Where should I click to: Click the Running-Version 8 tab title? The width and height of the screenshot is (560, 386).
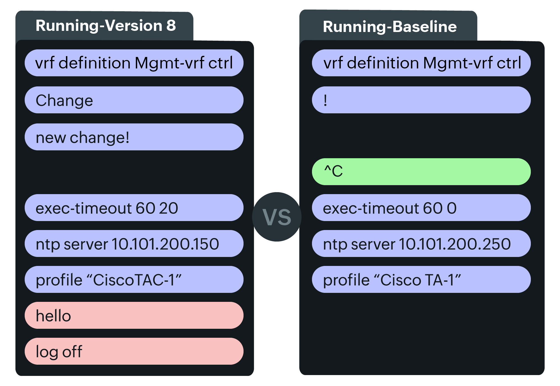tap(105, 26)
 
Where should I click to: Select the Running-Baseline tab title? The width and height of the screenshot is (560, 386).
tap(389, 27)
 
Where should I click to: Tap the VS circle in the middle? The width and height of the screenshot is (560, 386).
tap(277, 217)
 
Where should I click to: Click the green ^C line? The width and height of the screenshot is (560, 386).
tap(421, 172)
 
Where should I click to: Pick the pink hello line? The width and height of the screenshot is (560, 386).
tap(134, 315)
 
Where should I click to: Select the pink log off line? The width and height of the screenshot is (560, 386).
tap(134, 351)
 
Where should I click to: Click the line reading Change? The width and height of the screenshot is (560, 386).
tap(134, 100)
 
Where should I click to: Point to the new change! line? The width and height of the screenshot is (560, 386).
tap(134, 137)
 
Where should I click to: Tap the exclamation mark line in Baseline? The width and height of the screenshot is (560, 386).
tap(421, 100)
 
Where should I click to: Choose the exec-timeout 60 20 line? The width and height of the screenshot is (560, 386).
tap(134, 208)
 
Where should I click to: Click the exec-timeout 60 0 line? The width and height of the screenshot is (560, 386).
tap(421, 208)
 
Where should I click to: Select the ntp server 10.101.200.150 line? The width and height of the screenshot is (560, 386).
tap(134, 244)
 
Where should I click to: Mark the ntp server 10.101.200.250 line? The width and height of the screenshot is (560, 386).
tap(421, 244)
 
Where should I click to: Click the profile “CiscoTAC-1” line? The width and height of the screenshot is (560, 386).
tap(134, 280)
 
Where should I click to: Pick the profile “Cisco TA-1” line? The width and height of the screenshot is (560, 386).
tap(421, 280)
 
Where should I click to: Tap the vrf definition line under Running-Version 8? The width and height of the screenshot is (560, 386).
tap(134, 63)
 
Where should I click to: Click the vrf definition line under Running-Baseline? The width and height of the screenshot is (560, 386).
tap(421, 63)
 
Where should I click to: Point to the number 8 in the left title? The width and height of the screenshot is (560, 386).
tap(171, 26)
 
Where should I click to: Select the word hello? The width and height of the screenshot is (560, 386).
tap(53, 316)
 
